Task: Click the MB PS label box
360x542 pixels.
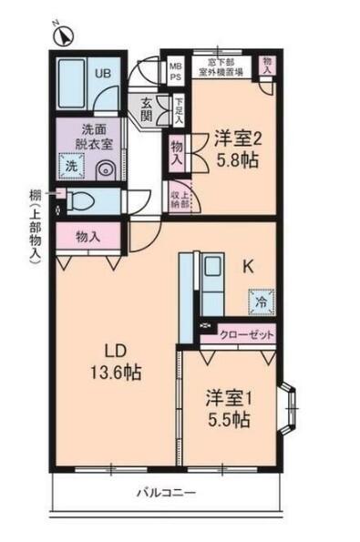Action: (x=176, y=71)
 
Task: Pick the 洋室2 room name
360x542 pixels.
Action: (x=238, y=139)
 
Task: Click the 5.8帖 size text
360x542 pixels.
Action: (x=238, y=159)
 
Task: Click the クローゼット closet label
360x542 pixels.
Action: (x=247, y=335)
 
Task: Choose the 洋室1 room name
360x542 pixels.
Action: (x=228, y=398)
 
